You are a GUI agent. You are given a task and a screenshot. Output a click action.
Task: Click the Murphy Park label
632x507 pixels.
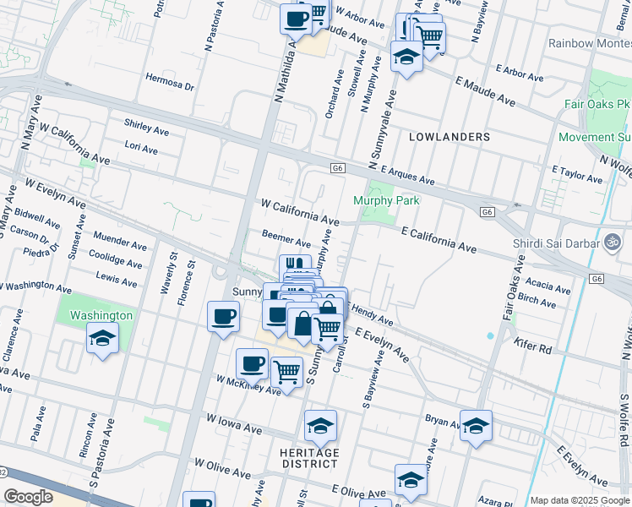coord(385,201)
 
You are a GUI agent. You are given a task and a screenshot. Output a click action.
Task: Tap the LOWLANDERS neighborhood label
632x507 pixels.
coord(449,137)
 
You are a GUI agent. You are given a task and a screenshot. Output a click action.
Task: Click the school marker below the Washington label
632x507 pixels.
coord(103,339)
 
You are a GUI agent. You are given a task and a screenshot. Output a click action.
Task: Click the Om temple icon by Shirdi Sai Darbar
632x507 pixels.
coord(612,239)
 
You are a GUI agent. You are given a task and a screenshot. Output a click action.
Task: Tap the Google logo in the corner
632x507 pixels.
coord(29,496)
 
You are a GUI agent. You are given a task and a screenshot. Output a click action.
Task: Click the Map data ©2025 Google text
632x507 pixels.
coord(580,500)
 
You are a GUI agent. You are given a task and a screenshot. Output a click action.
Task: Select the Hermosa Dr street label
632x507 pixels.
coord(170,86)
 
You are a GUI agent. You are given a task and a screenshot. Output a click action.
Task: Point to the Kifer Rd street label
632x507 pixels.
coord(531,346)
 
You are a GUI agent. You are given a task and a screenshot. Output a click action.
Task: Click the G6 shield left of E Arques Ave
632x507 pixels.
coord(337,168)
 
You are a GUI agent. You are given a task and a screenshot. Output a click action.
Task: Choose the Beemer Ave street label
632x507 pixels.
coord(286,241)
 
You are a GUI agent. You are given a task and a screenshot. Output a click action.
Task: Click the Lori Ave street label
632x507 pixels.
coord(141,150)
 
